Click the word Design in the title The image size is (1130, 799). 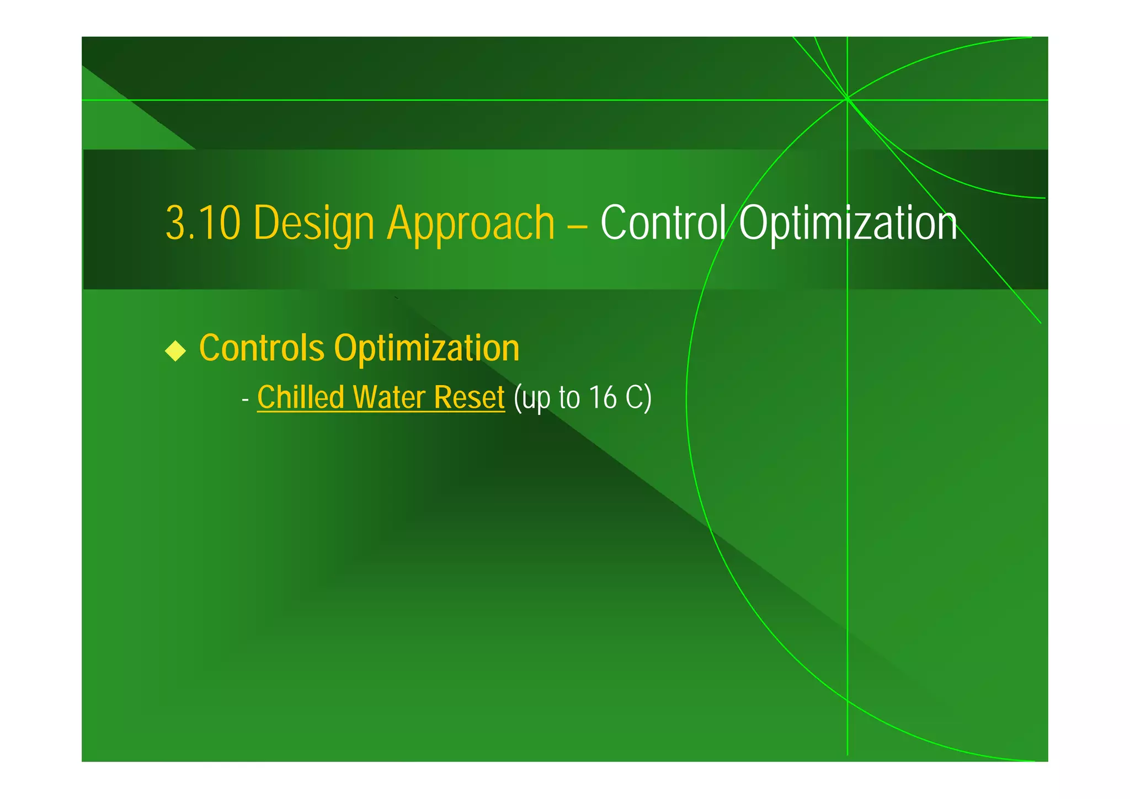click(x=314, y=223)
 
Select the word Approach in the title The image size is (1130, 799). click(x=471, y=223)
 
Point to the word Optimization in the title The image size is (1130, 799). click(x=847, y=223)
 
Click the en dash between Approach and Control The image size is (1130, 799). click(x=577, y=225)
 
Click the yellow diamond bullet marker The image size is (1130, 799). click(x=175, y=350)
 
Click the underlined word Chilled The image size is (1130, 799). click(x=301, y=397)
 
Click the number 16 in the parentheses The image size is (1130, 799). click(x=602, y=397)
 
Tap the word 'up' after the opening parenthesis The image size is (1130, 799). click(x=537, y=398)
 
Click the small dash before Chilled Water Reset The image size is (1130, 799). click(x=246, y=399)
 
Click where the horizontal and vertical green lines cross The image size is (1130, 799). click(x=847, y=100)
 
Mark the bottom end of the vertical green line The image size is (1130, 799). click(x=847, y=754)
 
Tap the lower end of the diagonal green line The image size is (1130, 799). click(x=1040, y=322)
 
